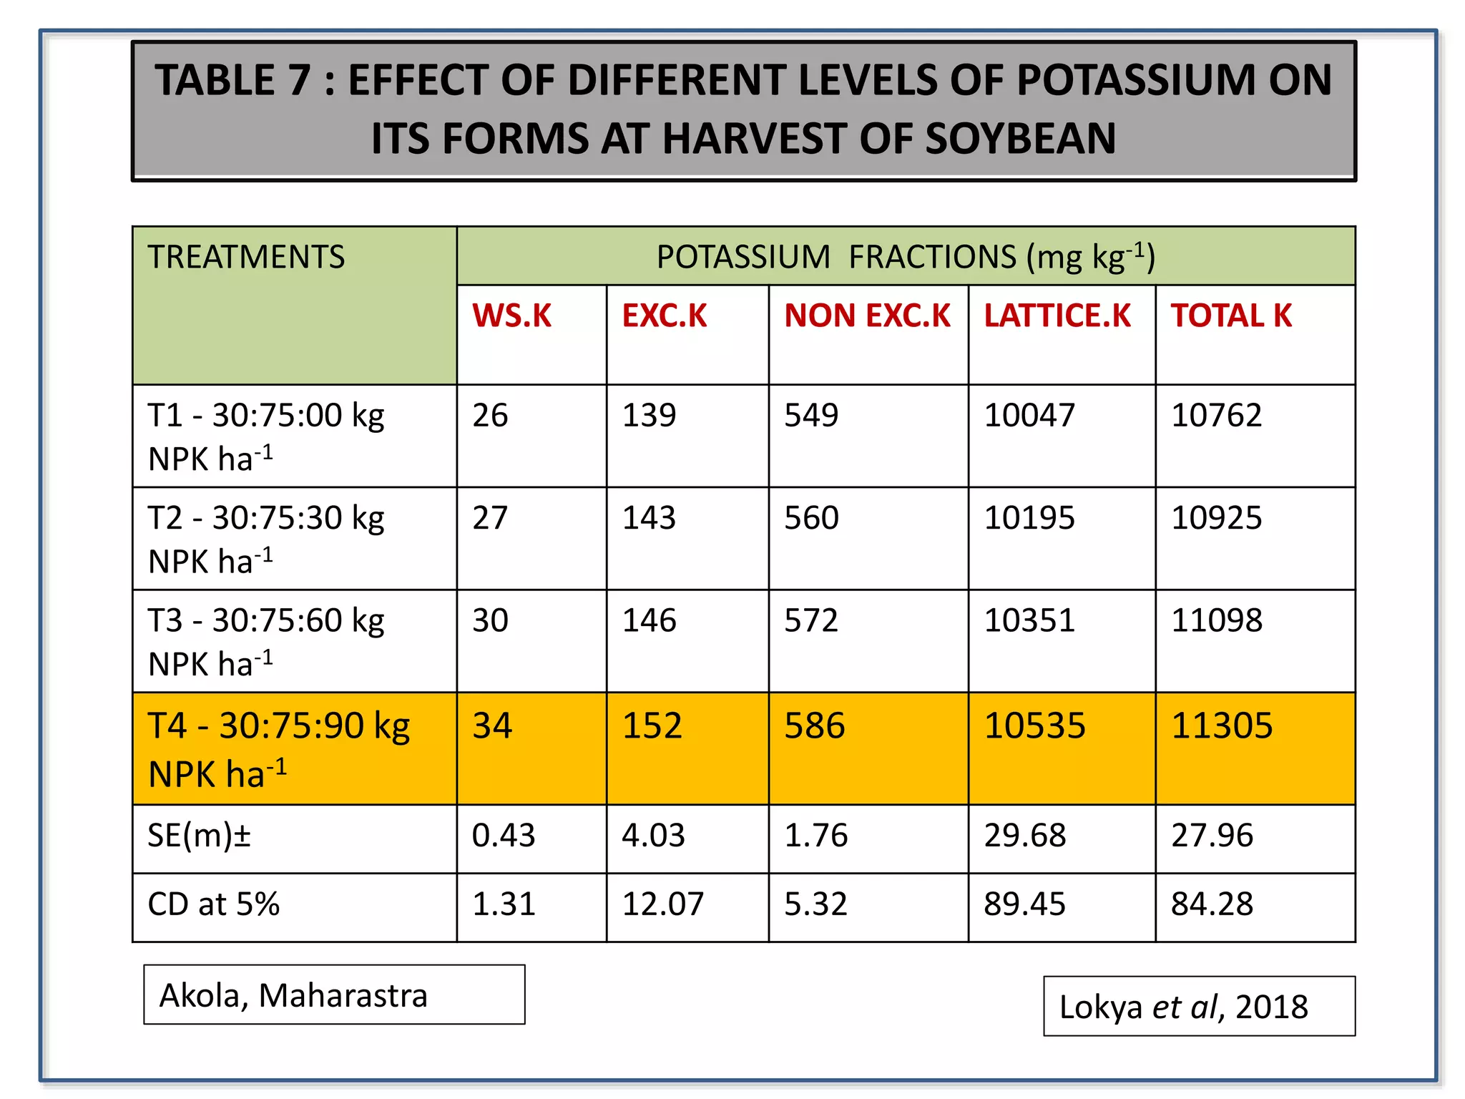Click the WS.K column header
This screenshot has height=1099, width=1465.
[512, 316]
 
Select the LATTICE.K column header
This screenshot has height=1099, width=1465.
[1057, 316]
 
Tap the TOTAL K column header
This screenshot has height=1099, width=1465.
[1231, 316]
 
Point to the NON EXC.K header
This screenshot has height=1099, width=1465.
[867, 316]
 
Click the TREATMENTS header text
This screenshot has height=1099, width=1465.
[246, 257]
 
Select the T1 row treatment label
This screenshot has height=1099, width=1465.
[265, 436]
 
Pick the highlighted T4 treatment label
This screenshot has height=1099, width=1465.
[279, 748]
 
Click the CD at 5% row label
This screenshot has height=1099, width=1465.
[213, 904]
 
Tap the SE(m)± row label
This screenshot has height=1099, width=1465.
[199, 836]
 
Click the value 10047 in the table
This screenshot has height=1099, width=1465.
[1029, 416]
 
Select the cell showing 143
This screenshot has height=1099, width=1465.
[649, 518]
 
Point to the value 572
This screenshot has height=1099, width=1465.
[811, 620]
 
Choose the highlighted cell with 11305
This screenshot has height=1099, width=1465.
[1222, 726]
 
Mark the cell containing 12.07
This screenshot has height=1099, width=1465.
[662, 904]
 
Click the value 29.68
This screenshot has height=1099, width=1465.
[1024, 836]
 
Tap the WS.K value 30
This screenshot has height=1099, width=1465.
[490, 620]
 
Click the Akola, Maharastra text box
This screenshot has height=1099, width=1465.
[334, 995]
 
